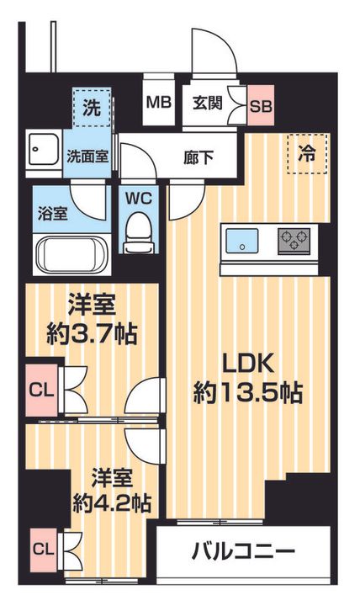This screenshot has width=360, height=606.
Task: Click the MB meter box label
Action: click(159, 103)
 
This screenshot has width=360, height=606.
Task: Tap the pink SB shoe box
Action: click(261, 105)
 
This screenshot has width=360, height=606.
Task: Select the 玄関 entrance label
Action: click(208, 103)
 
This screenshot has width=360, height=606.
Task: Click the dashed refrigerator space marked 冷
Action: click(307, 154)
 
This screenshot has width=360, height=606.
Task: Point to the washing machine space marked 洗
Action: click(92, 107)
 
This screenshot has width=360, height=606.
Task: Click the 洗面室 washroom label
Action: click(87, 156)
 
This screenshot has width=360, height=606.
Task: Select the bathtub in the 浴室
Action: click(71, 256)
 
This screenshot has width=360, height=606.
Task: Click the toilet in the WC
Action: click(138, 233)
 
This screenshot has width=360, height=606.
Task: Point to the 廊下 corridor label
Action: click(199, 157)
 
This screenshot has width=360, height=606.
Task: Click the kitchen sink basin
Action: click(241, 242)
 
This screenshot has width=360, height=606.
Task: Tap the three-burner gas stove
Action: click(294, 242)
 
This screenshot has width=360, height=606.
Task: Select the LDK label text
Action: click(248, 364)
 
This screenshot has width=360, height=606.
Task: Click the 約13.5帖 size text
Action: click(247, 392)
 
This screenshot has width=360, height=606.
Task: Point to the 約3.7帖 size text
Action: click(92, 334)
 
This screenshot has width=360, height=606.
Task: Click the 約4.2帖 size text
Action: click(112, 502)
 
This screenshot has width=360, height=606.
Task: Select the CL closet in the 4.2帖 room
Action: click(43, 549)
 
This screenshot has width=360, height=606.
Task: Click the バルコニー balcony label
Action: click(243, 551)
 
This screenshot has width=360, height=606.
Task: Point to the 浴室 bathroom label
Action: click(52, 213)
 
